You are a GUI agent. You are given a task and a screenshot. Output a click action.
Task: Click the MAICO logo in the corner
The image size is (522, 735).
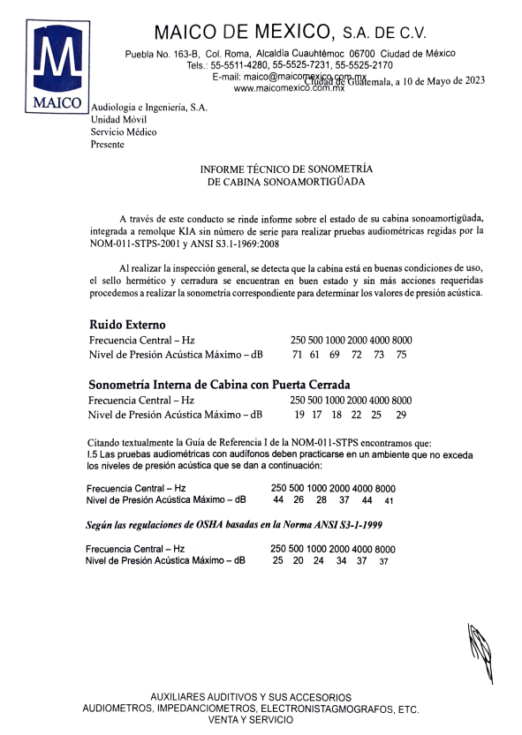click(x=57, y=65)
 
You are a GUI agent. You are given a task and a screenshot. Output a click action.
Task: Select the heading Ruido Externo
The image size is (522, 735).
click(x=127, y=324)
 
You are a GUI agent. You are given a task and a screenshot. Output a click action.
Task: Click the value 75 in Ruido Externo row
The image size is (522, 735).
click(x=401, y=355)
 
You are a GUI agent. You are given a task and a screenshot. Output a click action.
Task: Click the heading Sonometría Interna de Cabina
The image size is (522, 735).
click(x=220, y=385)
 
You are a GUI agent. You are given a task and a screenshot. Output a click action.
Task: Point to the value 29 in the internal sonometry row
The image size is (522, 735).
click(x=401, y=415)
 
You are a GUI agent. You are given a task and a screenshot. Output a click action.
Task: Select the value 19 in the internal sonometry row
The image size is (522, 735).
click(x=299, y=415)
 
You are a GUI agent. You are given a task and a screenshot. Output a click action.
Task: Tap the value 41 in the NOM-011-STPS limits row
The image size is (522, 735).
click(x=389, y=501)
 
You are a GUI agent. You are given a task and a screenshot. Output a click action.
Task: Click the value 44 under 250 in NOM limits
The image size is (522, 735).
click(x=278, y=500)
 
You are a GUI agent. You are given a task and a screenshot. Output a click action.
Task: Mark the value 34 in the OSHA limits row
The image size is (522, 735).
click(x=341, y=561)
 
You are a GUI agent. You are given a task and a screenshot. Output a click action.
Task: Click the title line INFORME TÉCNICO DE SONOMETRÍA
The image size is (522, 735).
click(x=286, y=168)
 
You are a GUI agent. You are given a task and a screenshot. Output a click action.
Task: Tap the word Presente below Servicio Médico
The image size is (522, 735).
click(x=108, y=144)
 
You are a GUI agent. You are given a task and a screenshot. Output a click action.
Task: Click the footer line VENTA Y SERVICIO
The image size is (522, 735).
click(x=249, y=720)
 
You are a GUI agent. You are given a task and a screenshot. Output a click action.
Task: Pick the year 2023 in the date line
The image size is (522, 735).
click(x=473, y=80)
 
